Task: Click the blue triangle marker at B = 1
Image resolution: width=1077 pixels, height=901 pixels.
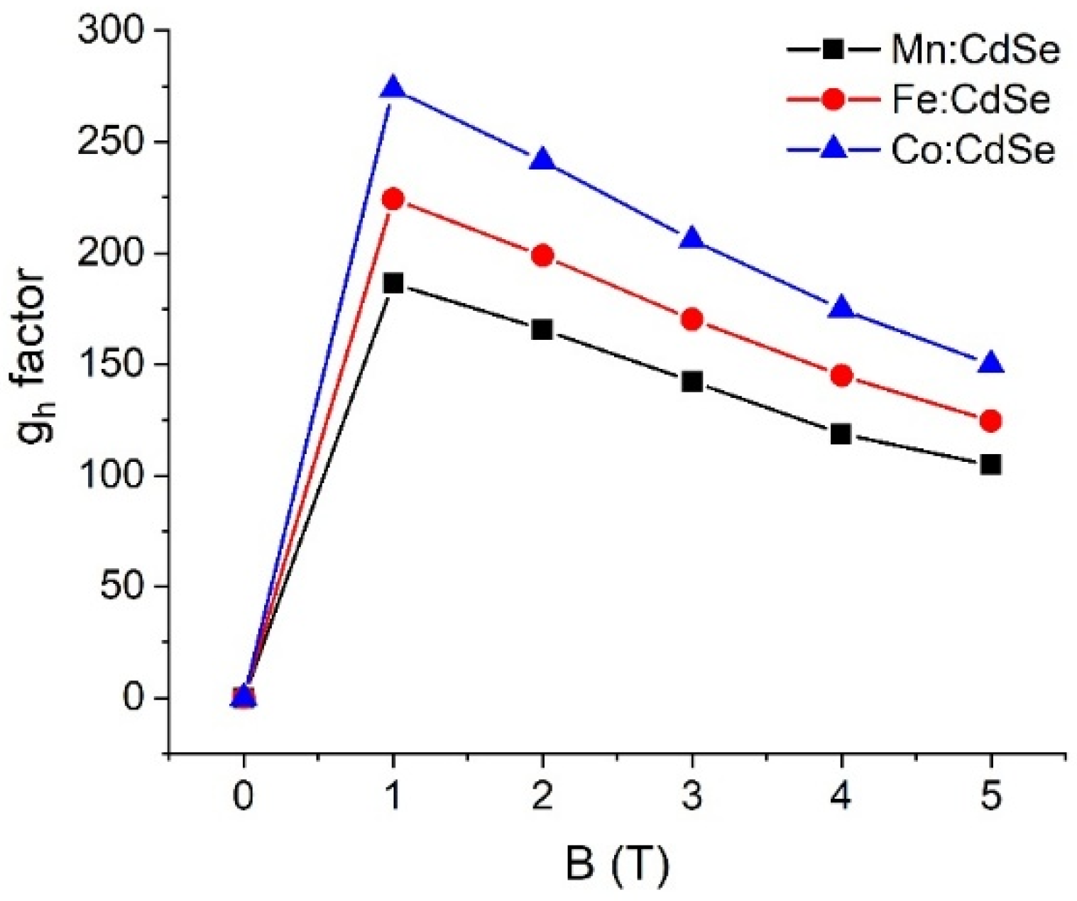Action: pyautogui.click(x=393, y=88)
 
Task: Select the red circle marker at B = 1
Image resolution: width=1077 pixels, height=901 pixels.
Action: pyautogui.click(x=393, y=199)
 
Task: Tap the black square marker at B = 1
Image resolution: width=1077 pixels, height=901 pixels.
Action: pyautogui.click(x=393, y=284)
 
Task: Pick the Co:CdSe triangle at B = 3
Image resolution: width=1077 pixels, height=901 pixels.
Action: pyautogui.click(x=692, y=240)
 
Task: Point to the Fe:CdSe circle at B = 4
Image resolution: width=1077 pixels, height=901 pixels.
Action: pyautogui.click(x=841, y=375)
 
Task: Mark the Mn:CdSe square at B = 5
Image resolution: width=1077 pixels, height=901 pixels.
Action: pyautogui.click(x=990, y=465)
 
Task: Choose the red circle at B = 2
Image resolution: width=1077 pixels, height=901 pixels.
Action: pyautogui.click(x=542, y=255)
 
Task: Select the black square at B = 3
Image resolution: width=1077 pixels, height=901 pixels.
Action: pyautogui.click(x=692, y=382)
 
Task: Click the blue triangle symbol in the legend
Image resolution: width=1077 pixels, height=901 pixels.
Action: pyautogui.click(x=833, y=149)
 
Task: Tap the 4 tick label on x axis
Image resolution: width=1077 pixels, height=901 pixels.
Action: pyautogui.click(x=841, y=797)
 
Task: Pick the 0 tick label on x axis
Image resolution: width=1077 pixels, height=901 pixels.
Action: pyautogui.click(x=244, y=797)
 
